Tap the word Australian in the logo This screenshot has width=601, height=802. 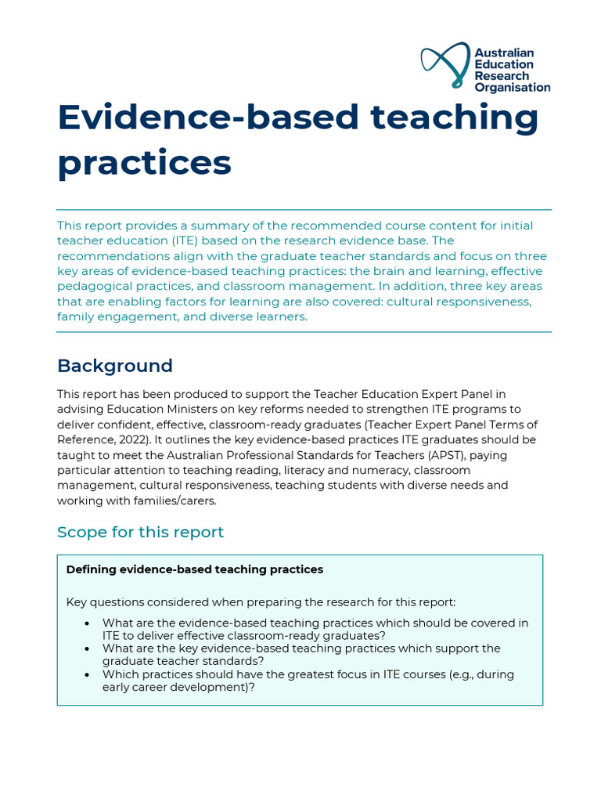tap(504, 53)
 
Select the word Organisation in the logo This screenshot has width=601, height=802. tap(512, 88)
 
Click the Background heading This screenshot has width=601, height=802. tap(115, 366)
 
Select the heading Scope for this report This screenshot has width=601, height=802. tap(140, 533)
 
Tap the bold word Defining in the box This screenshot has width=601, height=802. tap(91, 569)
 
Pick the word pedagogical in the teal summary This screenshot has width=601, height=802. tap(94, 286)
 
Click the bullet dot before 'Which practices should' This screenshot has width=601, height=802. tap(87, 674)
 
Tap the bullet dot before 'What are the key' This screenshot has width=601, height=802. tap(87, 648)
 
